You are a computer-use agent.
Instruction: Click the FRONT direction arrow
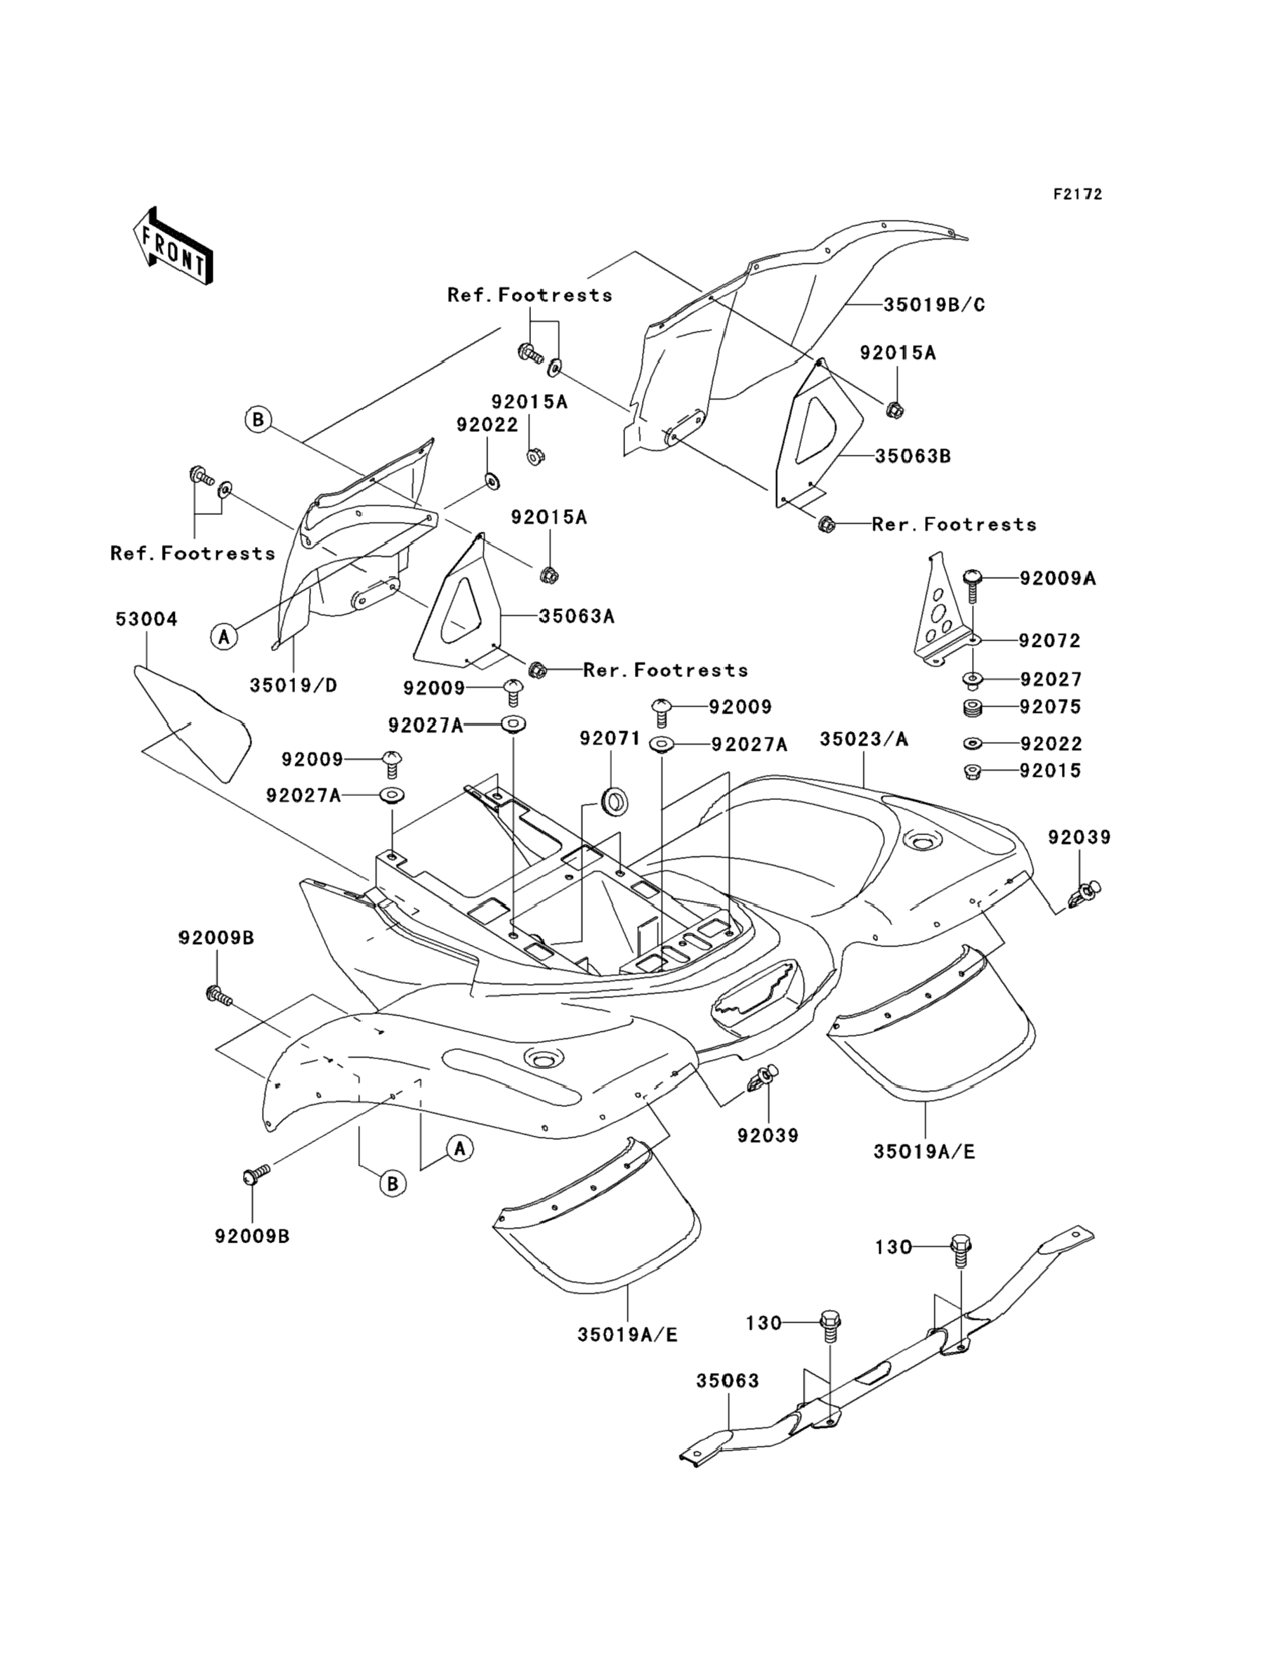[173, 246]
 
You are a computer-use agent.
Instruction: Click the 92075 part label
[1051, 707]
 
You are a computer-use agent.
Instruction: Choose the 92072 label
[1050, 641]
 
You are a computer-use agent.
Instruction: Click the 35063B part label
[912, 457]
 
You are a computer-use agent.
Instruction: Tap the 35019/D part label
[294, 686]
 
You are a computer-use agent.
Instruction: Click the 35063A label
[576, 616]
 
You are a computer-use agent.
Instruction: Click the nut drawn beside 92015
[973, 771]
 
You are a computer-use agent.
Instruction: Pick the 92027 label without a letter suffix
[1051, 679]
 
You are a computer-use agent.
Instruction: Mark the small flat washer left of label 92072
[973, 641]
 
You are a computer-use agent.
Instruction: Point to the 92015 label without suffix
[1051, 771]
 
